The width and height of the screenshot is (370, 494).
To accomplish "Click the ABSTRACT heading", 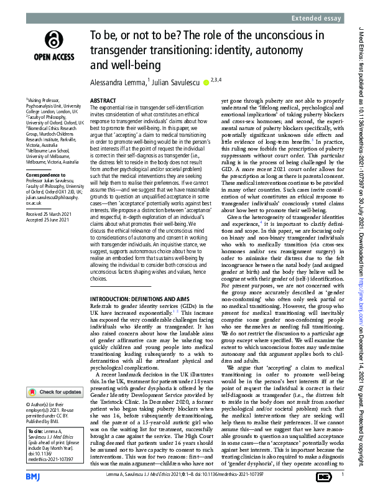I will point(103,100).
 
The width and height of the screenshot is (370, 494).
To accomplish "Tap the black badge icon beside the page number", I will point(323,476).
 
